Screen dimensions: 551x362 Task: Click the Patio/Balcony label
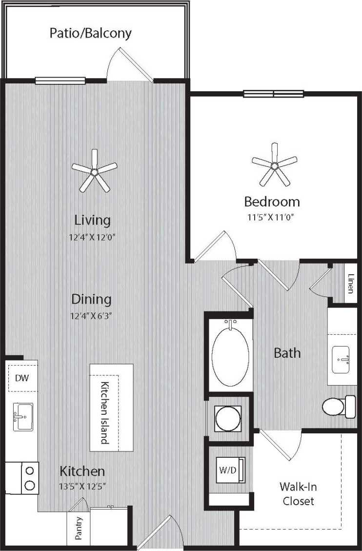[91, 33]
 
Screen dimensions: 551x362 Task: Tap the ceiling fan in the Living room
[94, 172]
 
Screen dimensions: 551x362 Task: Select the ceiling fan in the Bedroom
[274, 166]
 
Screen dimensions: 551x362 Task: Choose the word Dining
[91, 299]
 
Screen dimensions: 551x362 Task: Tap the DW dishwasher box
[21, 377]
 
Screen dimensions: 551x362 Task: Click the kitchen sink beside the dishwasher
[22, 416]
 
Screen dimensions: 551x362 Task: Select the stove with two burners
[30, 478]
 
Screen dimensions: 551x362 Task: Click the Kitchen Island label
[104, 413]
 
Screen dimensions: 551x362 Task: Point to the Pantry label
[79, 528]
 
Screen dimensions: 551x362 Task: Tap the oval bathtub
[230, 353]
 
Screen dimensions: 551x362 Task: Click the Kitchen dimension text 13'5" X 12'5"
[82, 486]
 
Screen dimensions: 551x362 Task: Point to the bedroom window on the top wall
[273, 94]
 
